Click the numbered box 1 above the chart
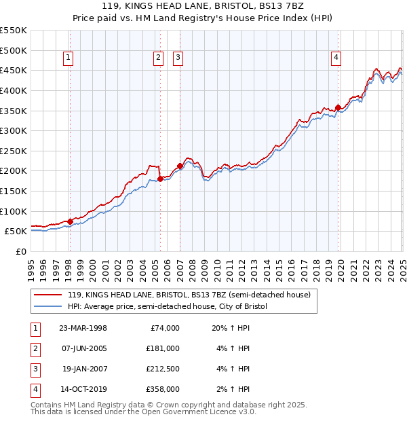pos(69,58)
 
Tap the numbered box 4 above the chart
pos(336,58)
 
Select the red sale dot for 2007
pos(180,166)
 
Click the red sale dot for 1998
pos(70,221)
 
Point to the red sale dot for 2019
pos(338,107)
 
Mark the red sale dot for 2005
pos(160,179)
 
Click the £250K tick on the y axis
pos(14,151)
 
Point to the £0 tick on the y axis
pos(20,251)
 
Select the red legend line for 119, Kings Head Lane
pos(48,295)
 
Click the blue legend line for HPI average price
pos(48,307)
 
